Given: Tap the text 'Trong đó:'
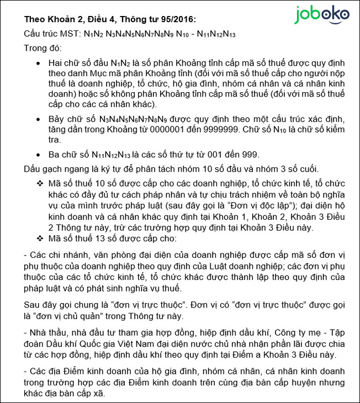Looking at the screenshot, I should point(43,48).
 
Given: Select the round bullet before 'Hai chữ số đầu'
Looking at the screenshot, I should point(38,65).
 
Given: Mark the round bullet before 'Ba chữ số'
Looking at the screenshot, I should point(38,155).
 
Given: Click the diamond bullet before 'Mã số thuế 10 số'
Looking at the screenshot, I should point(39,183).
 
